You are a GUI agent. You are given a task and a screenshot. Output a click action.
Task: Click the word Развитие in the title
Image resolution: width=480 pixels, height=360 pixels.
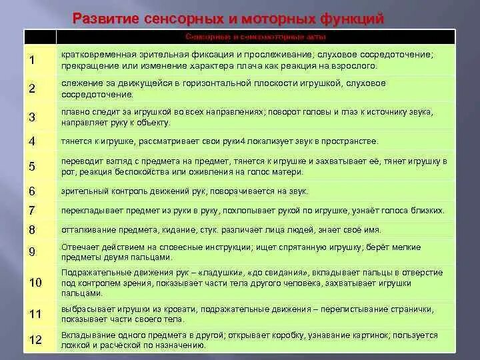[x=105, y=18]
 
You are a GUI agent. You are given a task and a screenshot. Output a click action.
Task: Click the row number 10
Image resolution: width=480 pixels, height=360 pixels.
[x=35, y=283]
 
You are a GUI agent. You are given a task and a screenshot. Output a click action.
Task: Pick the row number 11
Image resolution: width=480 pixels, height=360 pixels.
[x=35, y=313]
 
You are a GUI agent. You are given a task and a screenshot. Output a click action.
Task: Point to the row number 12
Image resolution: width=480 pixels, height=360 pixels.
[x=35, y=340]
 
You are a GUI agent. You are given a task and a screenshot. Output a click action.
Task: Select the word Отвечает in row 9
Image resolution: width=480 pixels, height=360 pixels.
[x=78, y=247]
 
